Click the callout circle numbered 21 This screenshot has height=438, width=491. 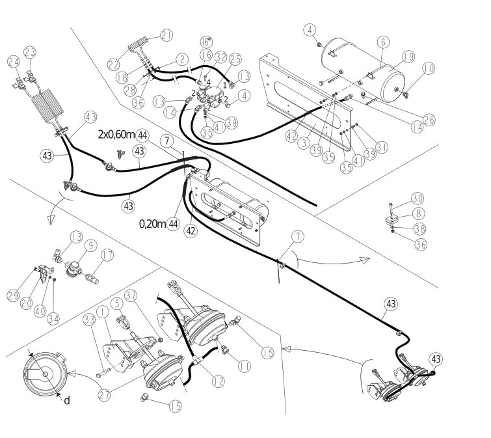(166, 35)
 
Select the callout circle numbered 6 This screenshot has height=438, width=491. (383, 42)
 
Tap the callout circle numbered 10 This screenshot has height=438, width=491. (429, 68)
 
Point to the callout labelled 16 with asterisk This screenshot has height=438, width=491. (206, 42)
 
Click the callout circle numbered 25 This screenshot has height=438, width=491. (235, 59)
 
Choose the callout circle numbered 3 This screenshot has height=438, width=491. (304, 143)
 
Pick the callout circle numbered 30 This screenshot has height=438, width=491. (418, 198)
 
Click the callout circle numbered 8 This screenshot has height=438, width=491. (419, 213)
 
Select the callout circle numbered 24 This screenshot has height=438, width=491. (14, 62)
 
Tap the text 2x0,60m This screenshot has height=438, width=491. (116, 135)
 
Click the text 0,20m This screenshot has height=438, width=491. (152, 224)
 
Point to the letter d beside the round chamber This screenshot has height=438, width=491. (67, 400)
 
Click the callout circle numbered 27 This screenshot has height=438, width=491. (104, 394)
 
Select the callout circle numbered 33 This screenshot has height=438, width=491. (89, 320)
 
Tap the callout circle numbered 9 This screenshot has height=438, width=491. (91, 245)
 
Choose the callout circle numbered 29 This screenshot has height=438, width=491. (13, 295)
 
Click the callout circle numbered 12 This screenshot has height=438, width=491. (219, 381)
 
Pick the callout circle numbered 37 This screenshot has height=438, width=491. (131, 295)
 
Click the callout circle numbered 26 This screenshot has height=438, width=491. (429, 119)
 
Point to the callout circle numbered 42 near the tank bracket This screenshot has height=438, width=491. (291, 136)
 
